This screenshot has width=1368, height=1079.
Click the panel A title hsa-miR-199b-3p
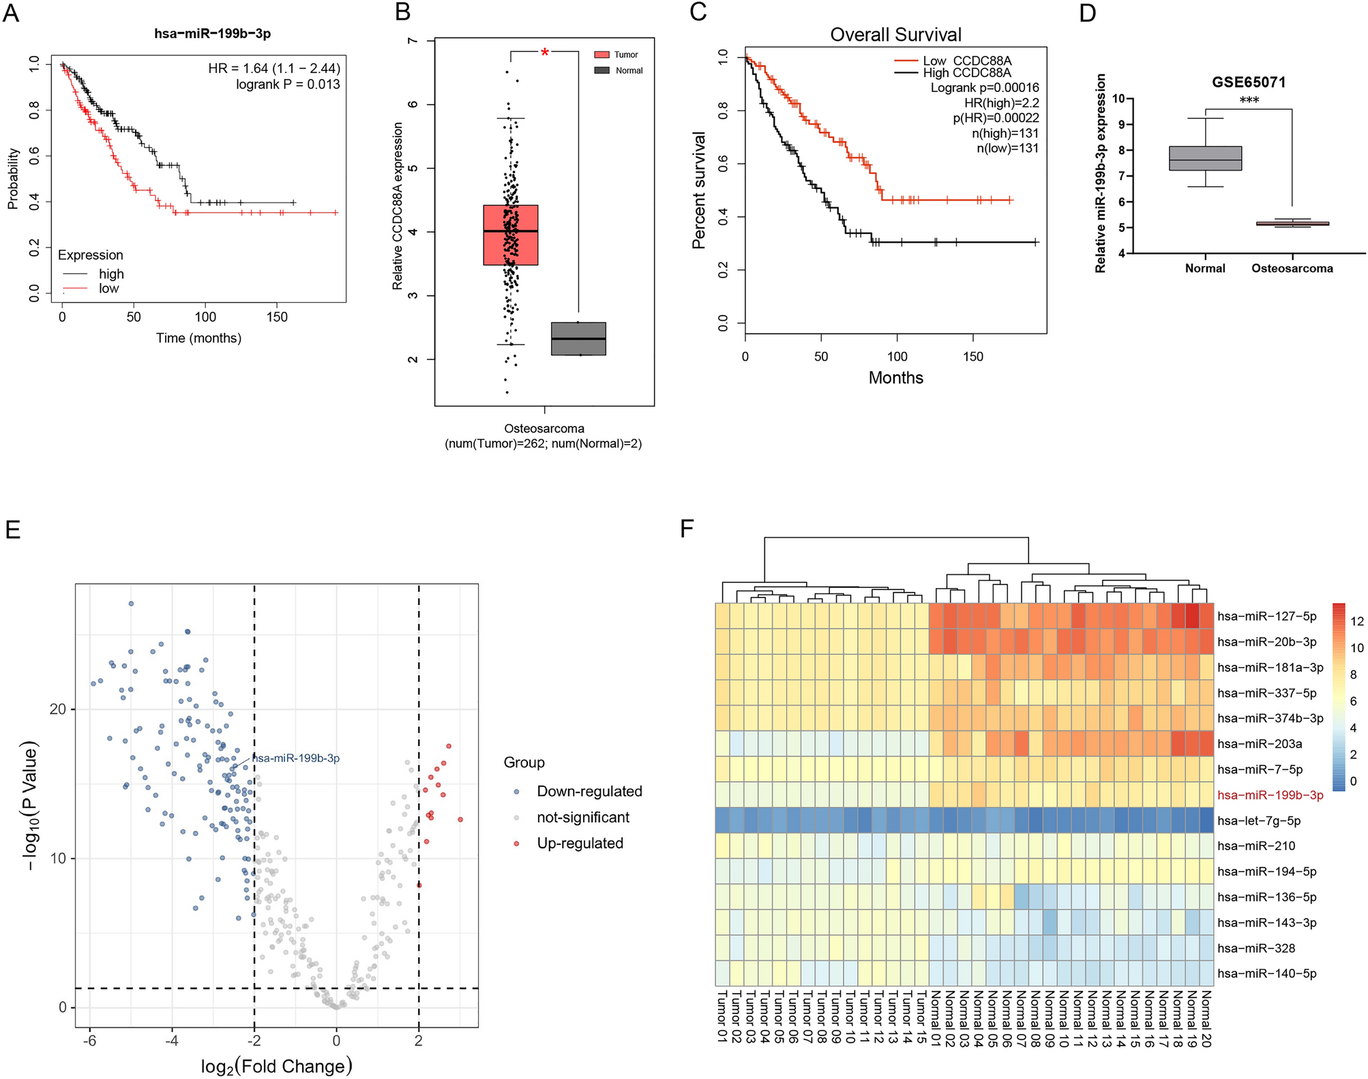click(212, 33)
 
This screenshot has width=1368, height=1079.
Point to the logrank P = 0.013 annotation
click(288, 85)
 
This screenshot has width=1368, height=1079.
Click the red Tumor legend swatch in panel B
click(601, 55)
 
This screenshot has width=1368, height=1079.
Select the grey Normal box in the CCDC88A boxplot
click(578, 338)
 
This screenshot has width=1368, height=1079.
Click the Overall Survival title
click(895, 35)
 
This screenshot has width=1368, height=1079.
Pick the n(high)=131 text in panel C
click(1005, 134)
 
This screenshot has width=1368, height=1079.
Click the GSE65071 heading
click(1248, 83)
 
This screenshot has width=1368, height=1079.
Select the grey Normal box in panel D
click(1205, 158)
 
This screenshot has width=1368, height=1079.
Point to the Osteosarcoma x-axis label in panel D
click(1292, 269)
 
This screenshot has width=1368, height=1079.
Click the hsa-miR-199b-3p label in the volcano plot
click(296, 758)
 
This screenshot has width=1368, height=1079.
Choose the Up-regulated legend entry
click(580, 844)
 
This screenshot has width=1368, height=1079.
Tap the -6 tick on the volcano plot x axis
click(89, 1041)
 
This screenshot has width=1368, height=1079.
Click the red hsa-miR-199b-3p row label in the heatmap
click(1270, 795)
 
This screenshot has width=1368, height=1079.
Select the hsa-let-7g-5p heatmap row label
click(1259, 821)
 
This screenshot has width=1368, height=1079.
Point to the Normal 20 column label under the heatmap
click(1206, 1018)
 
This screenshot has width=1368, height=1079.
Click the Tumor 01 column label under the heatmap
click(722, 1018)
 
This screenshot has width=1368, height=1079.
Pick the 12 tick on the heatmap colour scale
click(1356, 621)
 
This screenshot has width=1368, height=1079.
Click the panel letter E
click(12, 530)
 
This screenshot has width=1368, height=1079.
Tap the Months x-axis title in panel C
click(895, 378)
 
